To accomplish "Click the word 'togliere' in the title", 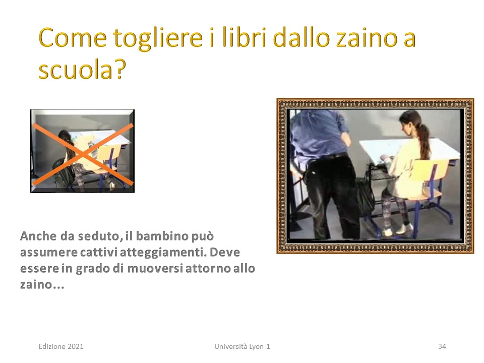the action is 158,39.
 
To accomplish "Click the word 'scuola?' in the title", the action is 82,69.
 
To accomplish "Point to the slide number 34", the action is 442,346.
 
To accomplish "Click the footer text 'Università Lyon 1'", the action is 242,346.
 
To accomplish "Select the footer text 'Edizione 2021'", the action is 61,346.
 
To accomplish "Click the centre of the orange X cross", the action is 83,154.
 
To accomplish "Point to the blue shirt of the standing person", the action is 320,134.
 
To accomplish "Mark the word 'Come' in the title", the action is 73,38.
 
